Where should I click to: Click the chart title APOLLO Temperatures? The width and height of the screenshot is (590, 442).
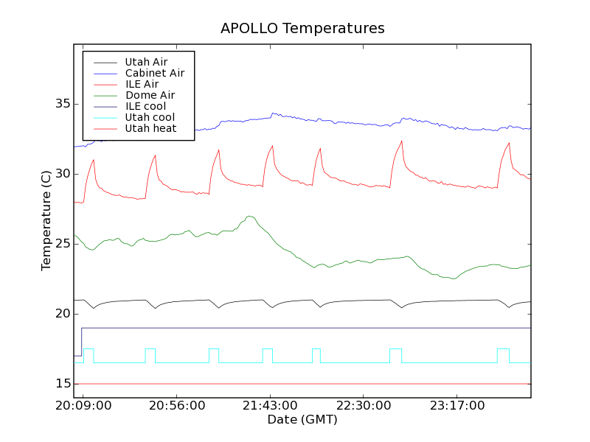tap(302, 29)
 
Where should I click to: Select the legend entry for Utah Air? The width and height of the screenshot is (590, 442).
tap(146, 62)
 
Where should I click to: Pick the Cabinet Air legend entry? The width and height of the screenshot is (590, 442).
tap(154, 73)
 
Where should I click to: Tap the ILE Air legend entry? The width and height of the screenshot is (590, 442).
tap(142, 84)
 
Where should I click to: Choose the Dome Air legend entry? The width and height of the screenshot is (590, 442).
tap(150, 95)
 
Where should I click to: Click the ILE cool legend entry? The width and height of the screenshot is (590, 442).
tap(145, 106)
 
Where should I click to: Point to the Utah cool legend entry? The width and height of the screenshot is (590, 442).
tap(150, 117)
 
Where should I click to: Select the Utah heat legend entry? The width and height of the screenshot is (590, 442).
tap(150, 128)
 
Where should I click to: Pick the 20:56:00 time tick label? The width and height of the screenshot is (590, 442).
tap(177, 407)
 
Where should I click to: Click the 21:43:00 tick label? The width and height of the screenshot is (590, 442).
tap(270, 407)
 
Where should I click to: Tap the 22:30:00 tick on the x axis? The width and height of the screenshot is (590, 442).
tap(364, 407)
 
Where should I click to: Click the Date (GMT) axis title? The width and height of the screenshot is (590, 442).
tap(302, 420)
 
